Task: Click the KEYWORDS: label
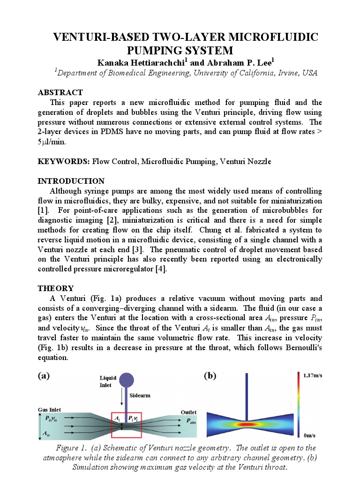[x=64, y=161]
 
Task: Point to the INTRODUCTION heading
[x=71, y=181]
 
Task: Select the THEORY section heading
[x=55, y=288]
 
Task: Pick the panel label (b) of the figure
[x=210, y=375]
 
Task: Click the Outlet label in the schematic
[x=189, y=412]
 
